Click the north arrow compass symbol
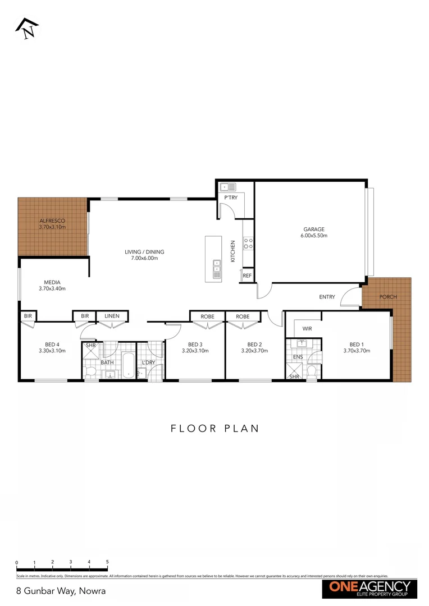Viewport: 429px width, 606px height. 27,29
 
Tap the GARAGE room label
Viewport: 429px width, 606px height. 314,229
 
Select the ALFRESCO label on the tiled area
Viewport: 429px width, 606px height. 52,221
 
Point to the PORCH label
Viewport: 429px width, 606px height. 387,296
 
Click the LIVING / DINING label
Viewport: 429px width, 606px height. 144,252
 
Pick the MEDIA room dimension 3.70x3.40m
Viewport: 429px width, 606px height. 52,288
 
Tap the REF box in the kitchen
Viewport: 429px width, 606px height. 247,276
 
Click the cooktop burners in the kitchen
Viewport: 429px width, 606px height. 248,243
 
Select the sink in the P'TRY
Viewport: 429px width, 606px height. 226,186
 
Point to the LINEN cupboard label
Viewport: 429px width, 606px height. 112,316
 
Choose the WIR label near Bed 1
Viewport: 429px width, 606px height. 307,328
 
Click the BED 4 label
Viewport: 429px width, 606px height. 52,345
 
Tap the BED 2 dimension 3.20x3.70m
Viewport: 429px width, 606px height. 254,351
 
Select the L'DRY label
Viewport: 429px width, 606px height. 148,362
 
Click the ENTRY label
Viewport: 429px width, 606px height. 327,297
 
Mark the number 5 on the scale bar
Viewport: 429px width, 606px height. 107,562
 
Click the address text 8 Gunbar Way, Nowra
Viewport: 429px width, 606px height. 53,591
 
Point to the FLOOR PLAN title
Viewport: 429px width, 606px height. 214,429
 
